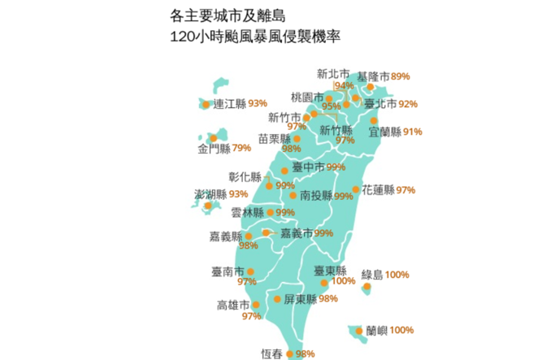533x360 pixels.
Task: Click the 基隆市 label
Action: [373, 76]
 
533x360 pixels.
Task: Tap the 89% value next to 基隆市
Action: [401, 76]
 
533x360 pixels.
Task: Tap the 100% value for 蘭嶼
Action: [401, 330]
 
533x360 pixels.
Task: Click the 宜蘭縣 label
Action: [384, 132]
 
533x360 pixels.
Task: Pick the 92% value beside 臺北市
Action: [408, 104]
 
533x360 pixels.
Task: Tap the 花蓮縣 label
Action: [378, 189]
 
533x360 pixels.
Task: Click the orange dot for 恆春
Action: [290, 353]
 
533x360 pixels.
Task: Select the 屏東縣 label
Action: [300, 298]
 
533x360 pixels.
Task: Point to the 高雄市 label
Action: [234, 305]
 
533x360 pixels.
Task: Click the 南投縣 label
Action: [316, 196]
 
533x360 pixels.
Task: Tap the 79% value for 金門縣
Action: [241, 148]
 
